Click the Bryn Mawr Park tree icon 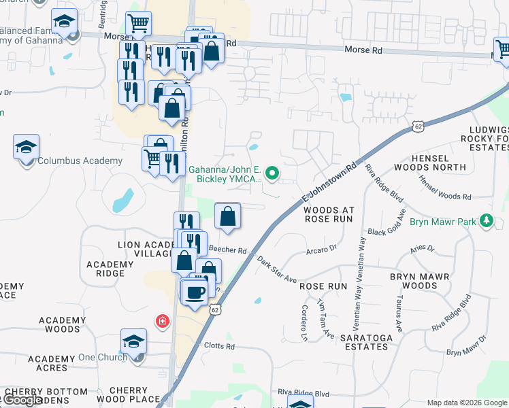[487, 221]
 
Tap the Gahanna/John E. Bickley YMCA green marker [272, 173]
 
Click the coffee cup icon [196, 291]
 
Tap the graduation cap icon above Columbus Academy [26, 147]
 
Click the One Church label [103, 358]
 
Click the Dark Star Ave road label [277, 269]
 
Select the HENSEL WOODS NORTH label [439, 162]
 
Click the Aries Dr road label [422, 250]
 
